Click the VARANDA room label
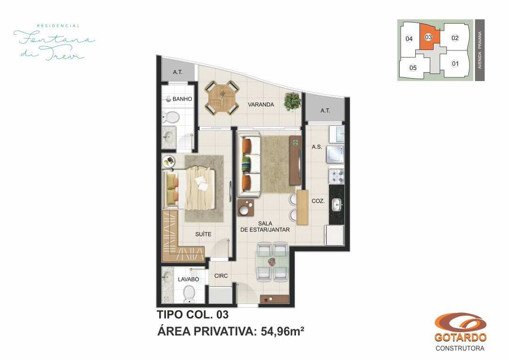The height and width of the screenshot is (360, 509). (261, 105)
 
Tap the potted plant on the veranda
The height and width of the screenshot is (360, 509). (293, 102)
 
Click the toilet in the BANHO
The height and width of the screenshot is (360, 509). (170, 117)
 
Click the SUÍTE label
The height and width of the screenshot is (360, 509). (203, 234)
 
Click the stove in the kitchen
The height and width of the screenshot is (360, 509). (337, 176)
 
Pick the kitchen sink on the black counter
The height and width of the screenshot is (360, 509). (337, 205)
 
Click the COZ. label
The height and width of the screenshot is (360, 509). (318, 201)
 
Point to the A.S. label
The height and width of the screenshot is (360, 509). (317, 147)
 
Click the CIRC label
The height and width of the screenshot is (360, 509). (221, 276)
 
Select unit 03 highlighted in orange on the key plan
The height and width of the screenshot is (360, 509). (428, 37)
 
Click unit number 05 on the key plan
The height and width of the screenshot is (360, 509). (413, 68)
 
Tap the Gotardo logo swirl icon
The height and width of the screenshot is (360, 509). (460, 323)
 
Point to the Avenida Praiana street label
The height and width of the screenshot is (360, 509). (480, 50)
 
